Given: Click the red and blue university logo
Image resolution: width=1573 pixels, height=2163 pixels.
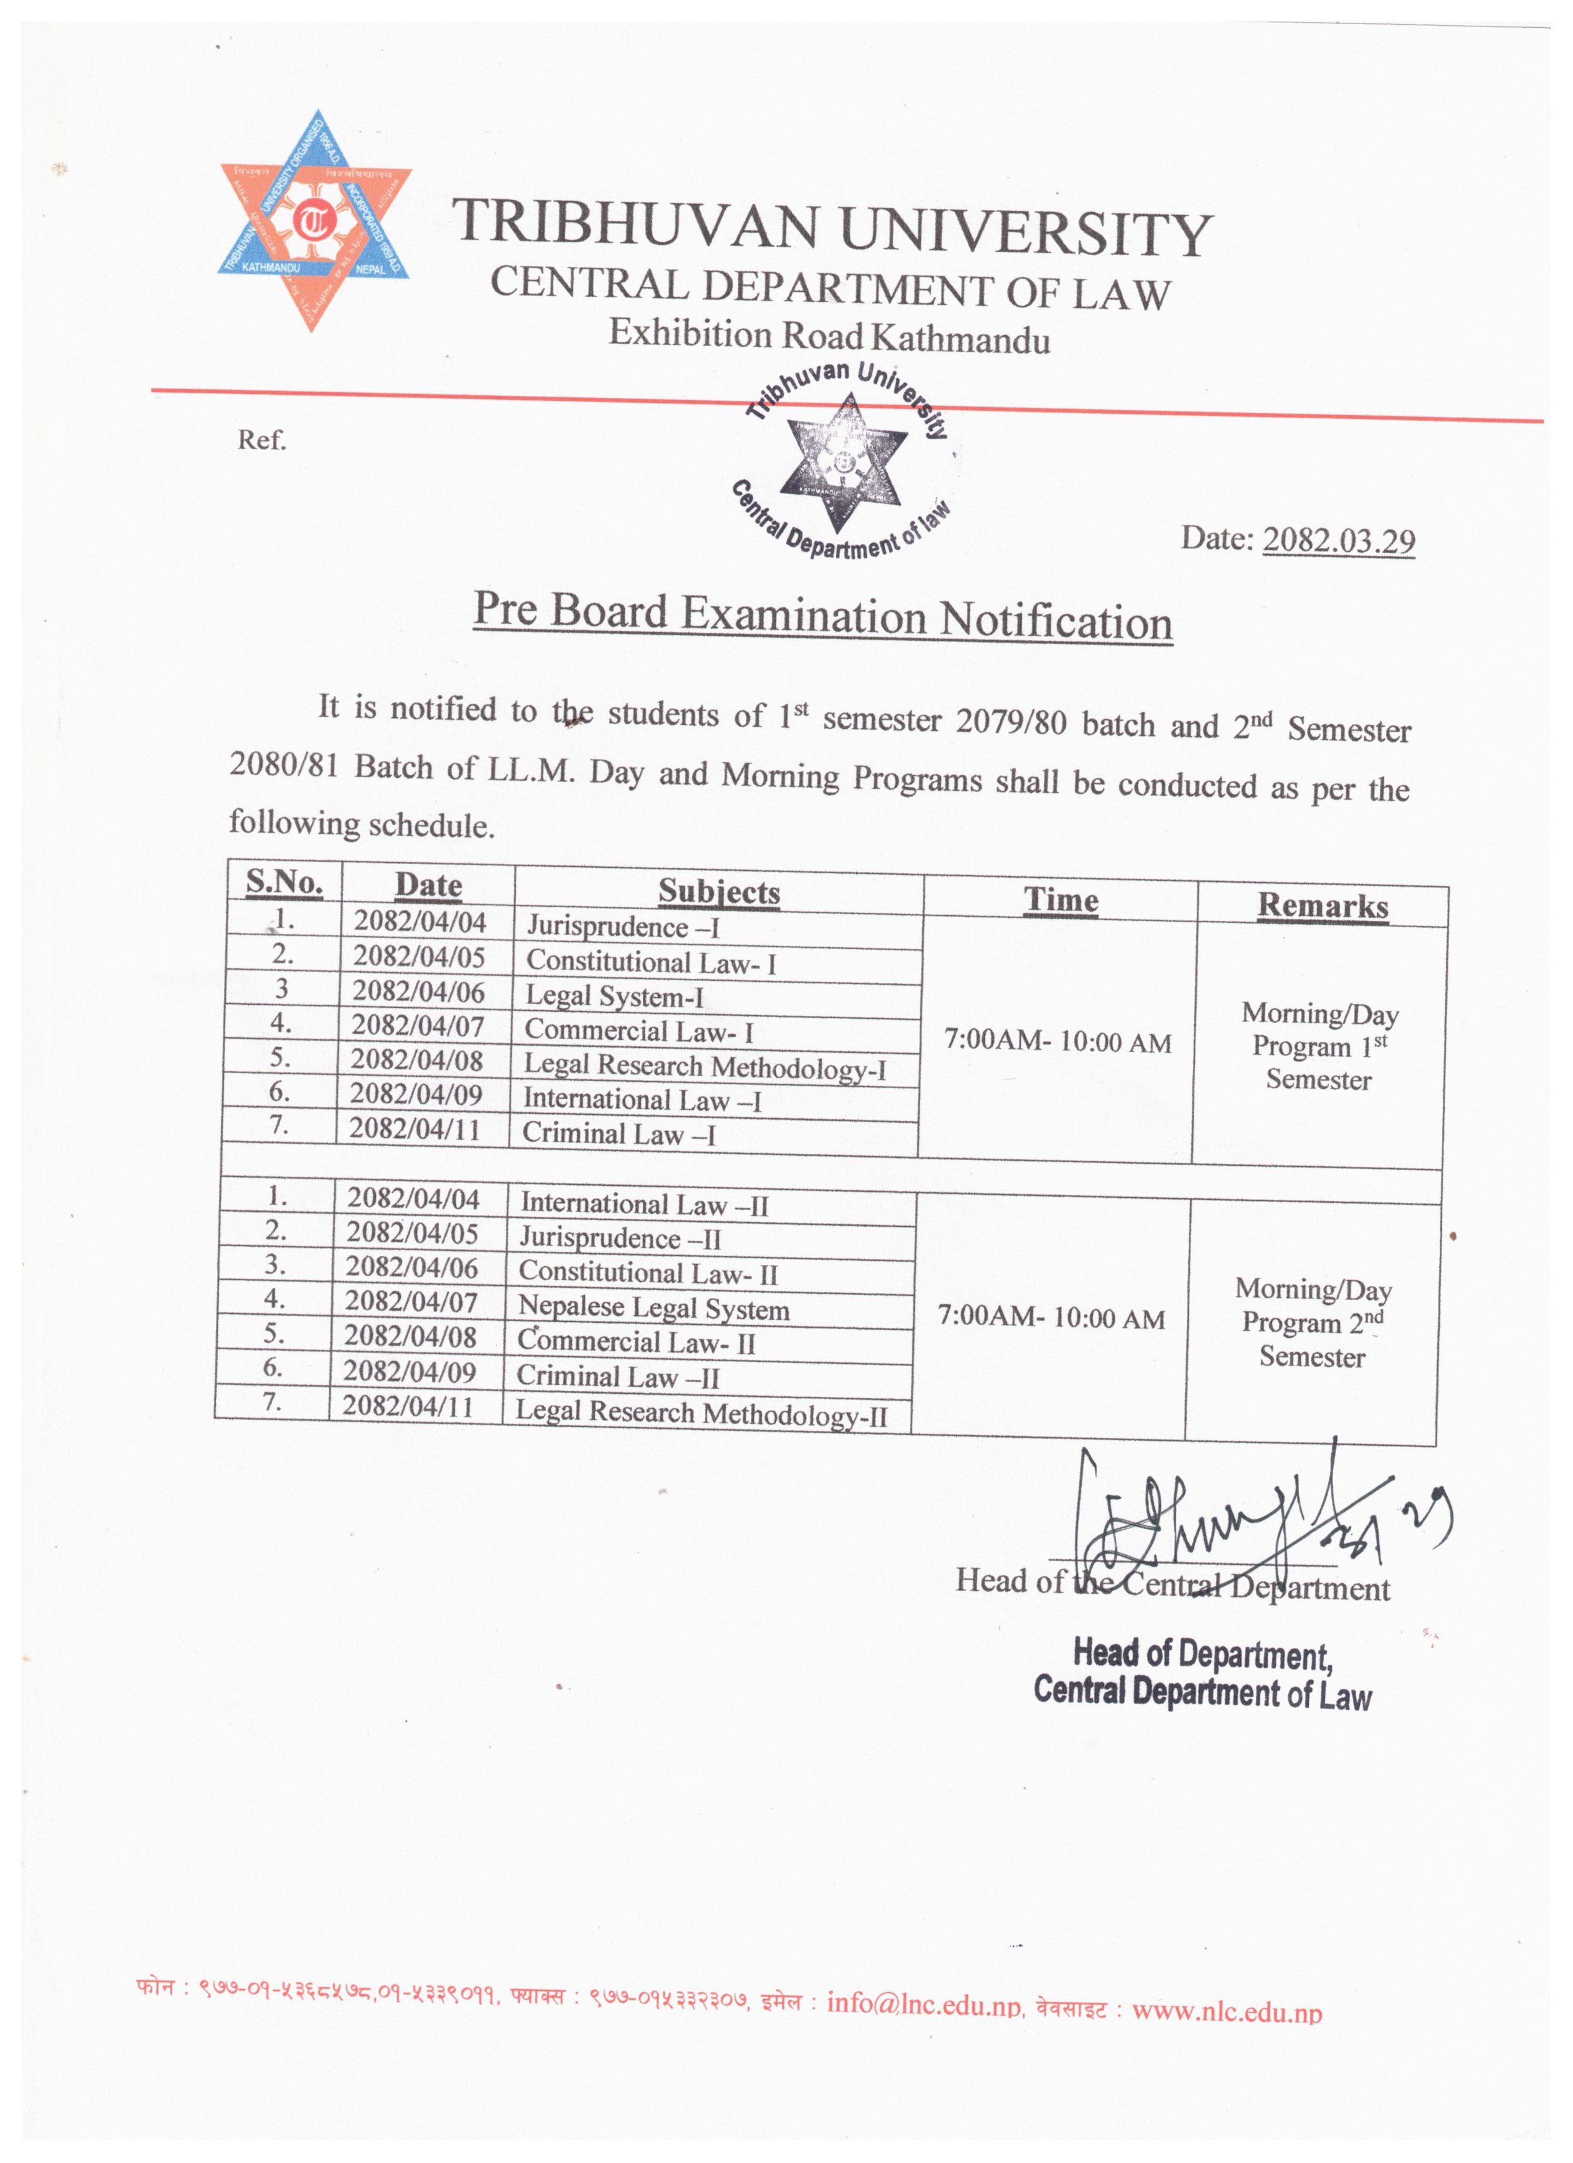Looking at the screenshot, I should coord(315,221).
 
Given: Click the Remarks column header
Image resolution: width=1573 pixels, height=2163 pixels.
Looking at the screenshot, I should coord(1321,905).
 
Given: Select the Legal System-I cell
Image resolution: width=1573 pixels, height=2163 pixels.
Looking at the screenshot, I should coord(614,997).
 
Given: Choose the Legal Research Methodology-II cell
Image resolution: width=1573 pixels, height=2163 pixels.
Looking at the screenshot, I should coord(701,1412).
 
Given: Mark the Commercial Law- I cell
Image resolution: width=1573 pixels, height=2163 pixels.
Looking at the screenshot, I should coord(638,1031).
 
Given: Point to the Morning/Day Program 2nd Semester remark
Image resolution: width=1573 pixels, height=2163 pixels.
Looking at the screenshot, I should coord(1313,1323).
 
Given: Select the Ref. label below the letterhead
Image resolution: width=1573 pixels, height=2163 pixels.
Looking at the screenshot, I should coord(262,440).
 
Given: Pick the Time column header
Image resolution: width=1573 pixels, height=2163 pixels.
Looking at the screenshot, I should coord(1061,899).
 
